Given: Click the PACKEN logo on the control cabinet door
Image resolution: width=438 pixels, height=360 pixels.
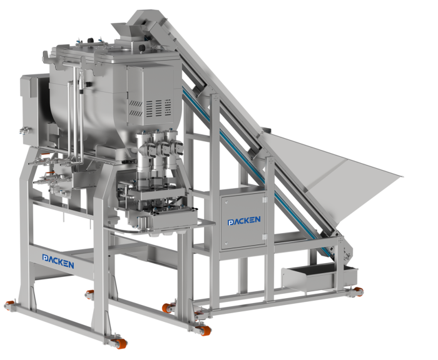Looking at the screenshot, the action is pyautogui.click(x=244, y=221).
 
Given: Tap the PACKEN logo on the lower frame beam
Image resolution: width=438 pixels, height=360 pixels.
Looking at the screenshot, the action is pyautogui.click(x=58, y=261).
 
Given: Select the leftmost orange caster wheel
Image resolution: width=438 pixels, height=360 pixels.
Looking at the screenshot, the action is pyautogui.click(x=9, y=305).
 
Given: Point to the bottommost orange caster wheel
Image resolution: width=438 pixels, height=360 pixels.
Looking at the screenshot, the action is pyautogui.click(x=120, y=343).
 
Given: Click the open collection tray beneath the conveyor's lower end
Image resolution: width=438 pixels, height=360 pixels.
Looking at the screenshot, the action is pyautogui.click(x=319, y=276).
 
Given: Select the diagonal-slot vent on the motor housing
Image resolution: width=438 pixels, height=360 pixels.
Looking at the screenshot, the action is pyautogui.click(x=136, y=108).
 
